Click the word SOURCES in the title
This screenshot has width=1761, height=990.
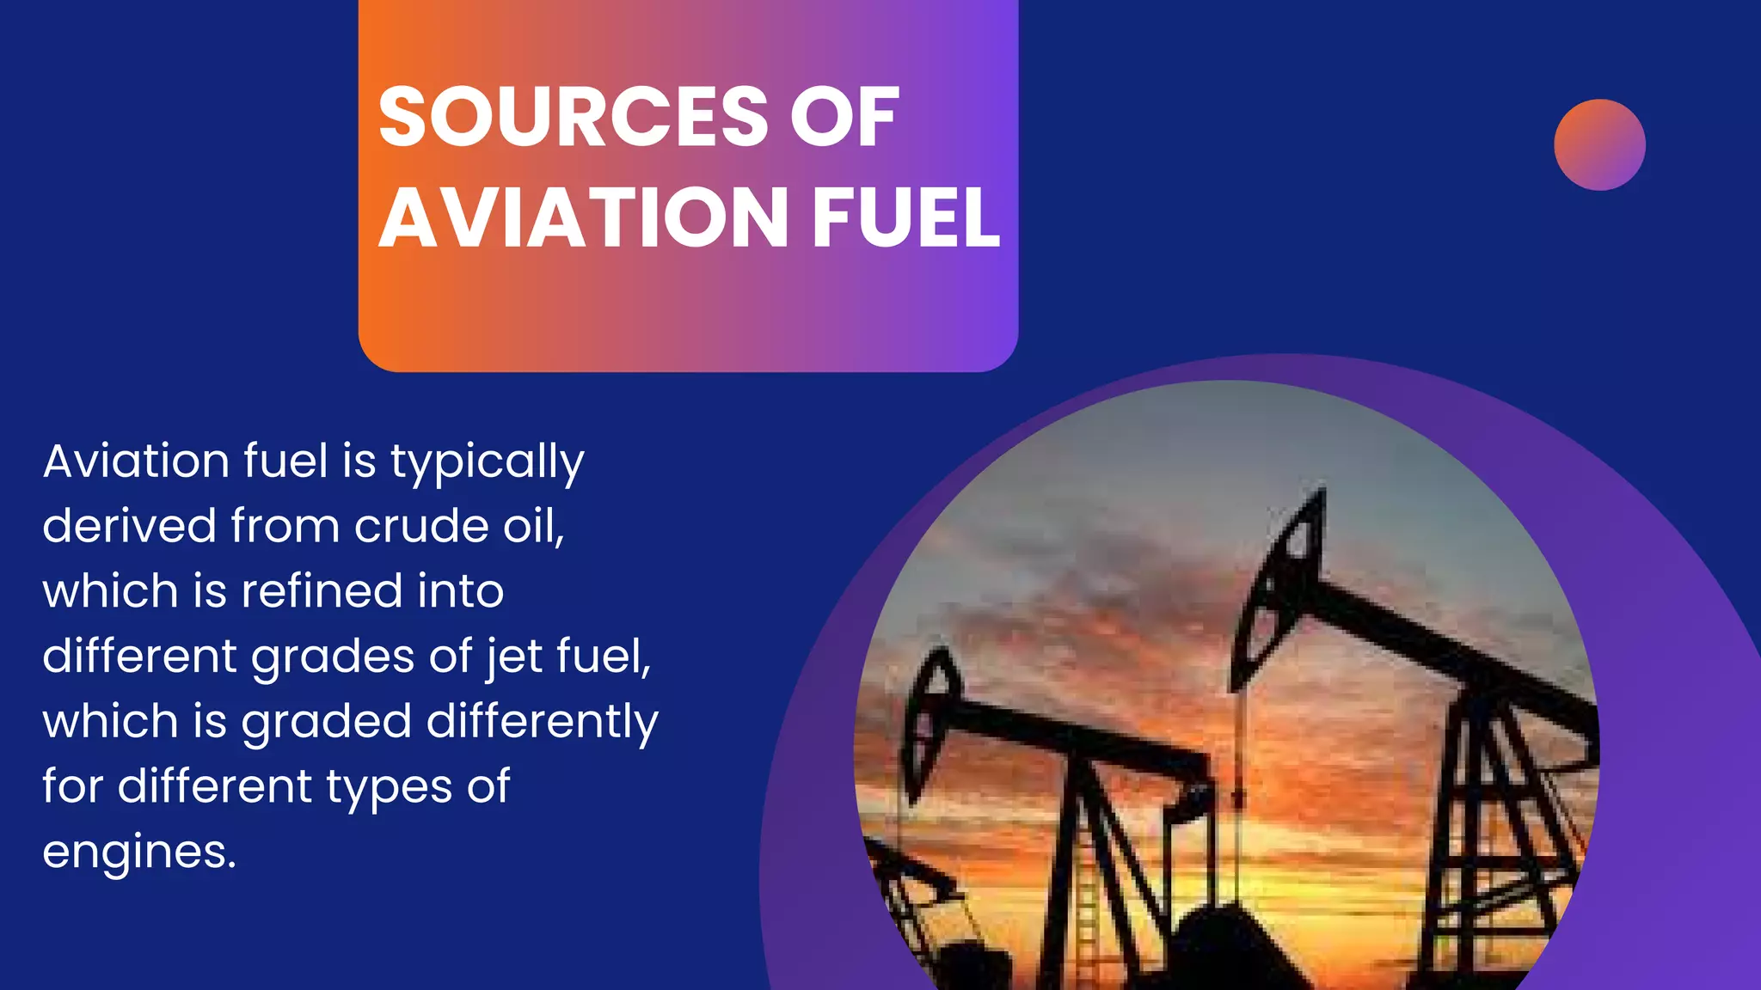pyautogui.click(x=573, y=118)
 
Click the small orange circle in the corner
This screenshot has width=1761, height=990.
pyautogui.click(x=1599, y=144)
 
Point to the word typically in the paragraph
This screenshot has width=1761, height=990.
pyautogui.click(x=487, y=462)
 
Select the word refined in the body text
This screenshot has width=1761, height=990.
pyautogui.click(x=322, y=591)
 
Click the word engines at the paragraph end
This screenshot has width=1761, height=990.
pyautogui.click(x=138, y=852)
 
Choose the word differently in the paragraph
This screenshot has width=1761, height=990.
pyautogui.click(x=542, y=722)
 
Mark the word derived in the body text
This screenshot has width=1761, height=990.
pyautogui.click(x=129, y=526)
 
